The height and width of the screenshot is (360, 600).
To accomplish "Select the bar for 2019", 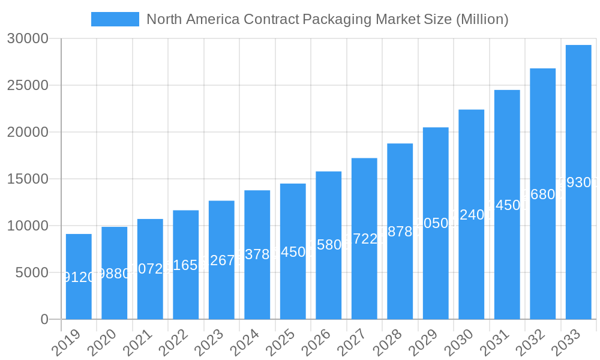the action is [79, 277].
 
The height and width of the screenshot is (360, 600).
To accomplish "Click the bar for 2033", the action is [578, 182].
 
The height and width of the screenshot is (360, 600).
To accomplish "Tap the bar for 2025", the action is [293, 251].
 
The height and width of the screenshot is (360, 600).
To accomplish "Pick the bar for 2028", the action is [400, 231].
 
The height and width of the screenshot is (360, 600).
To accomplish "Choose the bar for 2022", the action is [186, 265].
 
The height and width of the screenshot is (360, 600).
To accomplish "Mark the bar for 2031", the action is [507, 205].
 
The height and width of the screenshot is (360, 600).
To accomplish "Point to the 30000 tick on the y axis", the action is [28, 39].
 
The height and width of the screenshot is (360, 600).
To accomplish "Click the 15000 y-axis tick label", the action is [28, 179].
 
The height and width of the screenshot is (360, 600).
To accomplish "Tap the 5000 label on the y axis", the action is [31, 273].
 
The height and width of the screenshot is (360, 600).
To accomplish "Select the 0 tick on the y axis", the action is [44, 320].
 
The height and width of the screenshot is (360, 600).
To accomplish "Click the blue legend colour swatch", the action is [115, 19].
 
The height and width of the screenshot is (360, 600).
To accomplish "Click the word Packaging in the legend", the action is [337, 19].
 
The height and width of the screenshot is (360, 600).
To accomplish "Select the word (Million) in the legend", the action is [482, 19].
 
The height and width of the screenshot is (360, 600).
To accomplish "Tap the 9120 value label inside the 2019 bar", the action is [79, 277].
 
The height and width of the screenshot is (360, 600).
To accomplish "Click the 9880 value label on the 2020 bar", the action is [114, 274].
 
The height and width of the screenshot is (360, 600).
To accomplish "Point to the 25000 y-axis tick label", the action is [28, 86].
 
